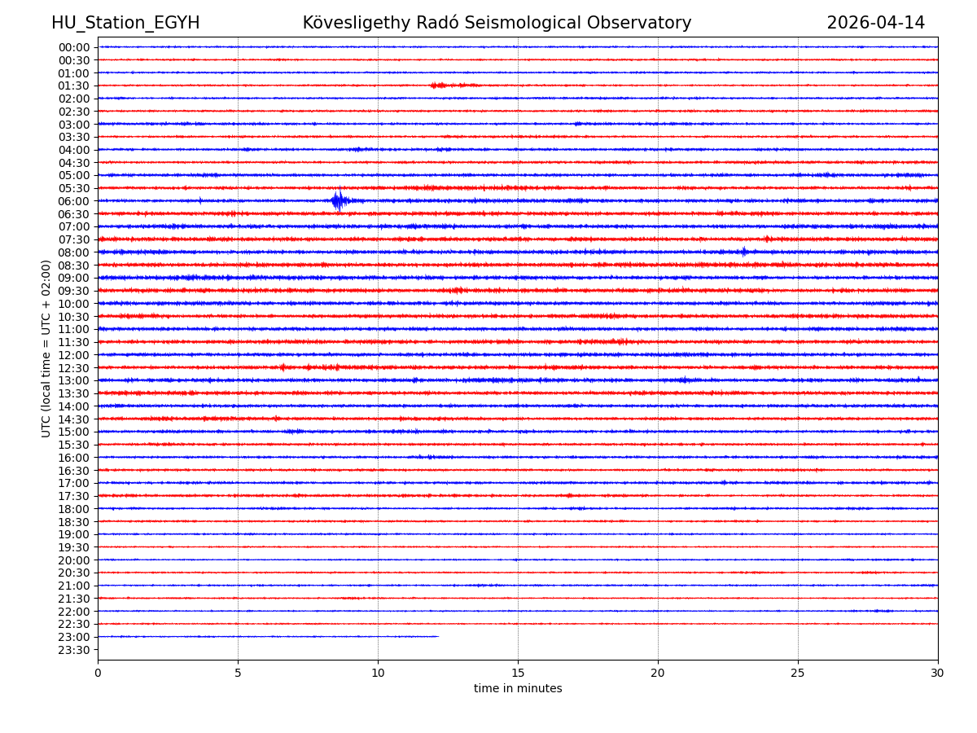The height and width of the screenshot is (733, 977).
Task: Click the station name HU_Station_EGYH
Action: click(125, 23)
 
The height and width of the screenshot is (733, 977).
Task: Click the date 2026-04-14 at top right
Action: click(875, 23)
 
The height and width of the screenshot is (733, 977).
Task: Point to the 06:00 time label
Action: click(74, 201)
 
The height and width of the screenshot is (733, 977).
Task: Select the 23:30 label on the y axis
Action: click(74, 650)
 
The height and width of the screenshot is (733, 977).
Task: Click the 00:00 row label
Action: click(74, 47)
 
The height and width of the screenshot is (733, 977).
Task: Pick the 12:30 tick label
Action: click(74, 368)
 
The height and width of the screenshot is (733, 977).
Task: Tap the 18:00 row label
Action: click(74, 509)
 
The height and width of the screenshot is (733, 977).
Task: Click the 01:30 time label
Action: click(74, 86)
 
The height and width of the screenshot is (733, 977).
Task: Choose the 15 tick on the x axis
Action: click(518, 674)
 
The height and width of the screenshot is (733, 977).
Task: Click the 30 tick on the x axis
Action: click(937, 674)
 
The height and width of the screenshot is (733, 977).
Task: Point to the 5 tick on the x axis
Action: click(238, 674)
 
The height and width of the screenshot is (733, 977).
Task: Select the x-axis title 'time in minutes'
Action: click(518, 689)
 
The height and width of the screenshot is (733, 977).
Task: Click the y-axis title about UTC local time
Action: click(46, 349)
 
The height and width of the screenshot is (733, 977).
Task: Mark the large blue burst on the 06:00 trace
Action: click(338, 200)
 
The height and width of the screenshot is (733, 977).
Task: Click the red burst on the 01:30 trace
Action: click(440, 85)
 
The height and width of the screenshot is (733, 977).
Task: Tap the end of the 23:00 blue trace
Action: click(438, 636)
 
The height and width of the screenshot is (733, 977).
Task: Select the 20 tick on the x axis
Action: click(658, 674)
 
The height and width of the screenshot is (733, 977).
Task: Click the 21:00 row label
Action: click(74, 586)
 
